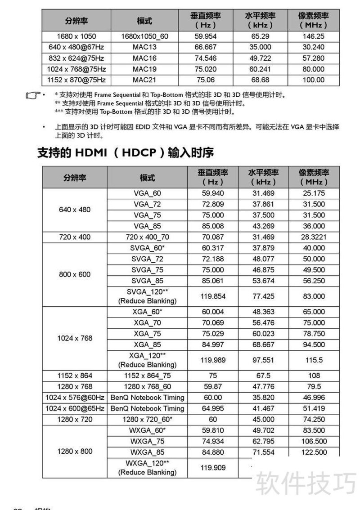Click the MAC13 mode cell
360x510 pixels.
144,47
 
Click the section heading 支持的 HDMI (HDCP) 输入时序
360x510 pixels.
125,153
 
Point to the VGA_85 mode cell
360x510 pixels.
147,226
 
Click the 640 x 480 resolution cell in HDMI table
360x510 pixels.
75,210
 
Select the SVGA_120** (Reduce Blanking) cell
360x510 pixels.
147,296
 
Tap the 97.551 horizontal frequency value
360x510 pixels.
263,360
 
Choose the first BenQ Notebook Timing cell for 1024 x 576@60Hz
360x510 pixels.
147,398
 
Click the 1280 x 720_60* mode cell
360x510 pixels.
147,419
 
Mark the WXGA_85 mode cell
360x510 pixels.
147,452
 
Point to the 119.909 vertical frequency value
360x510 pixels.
213,468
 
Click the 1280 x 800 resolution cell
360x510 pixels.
75,452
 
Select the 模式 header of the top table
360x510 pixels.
144,21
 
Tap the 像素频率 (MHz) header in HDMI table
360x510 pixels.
314,177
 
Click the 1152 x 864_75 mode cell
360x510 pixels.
147,376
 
